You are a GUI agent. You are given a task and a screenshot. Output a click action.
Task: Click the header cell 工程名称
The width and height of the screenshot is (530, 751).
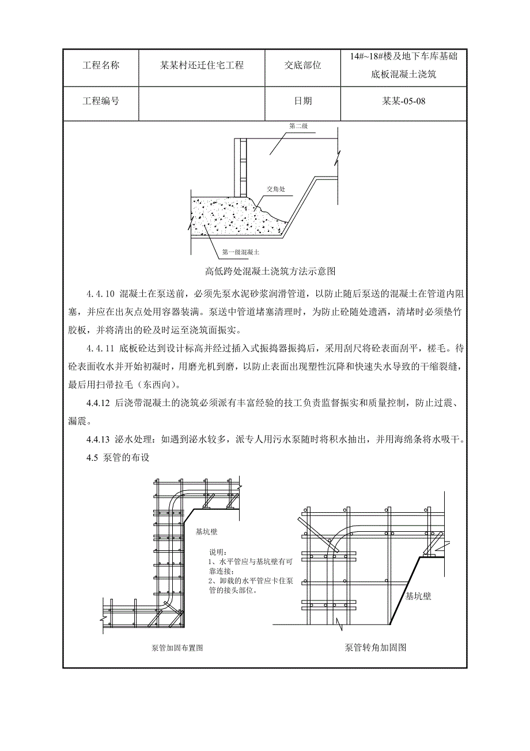click(x=101, y=66)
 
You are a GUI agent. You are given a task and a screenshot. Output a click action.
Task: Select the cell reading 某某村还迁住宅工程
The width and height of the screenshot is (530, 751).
click(x=202, y=66)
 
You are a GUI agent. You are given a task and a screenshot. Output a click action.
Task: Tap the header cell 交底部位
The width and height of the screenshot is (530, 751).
click(x=303, y=66)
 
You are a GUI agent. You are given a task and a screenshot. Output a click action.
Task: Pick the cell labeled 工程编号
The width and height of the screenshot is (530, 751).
click(x=101, y=101)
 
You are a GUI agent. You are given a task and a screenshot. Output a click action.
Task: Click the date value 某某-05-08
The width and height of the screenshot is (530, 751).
click(x=404, y=101)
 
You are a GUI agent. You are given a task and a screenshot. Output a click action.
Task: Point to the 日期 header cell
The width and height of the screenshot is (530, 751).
click(x=303, y=101)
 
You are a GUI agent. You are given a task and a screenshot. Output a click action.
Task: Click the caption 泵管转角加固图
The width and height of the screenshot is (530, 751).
click(x=376, y=647)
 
